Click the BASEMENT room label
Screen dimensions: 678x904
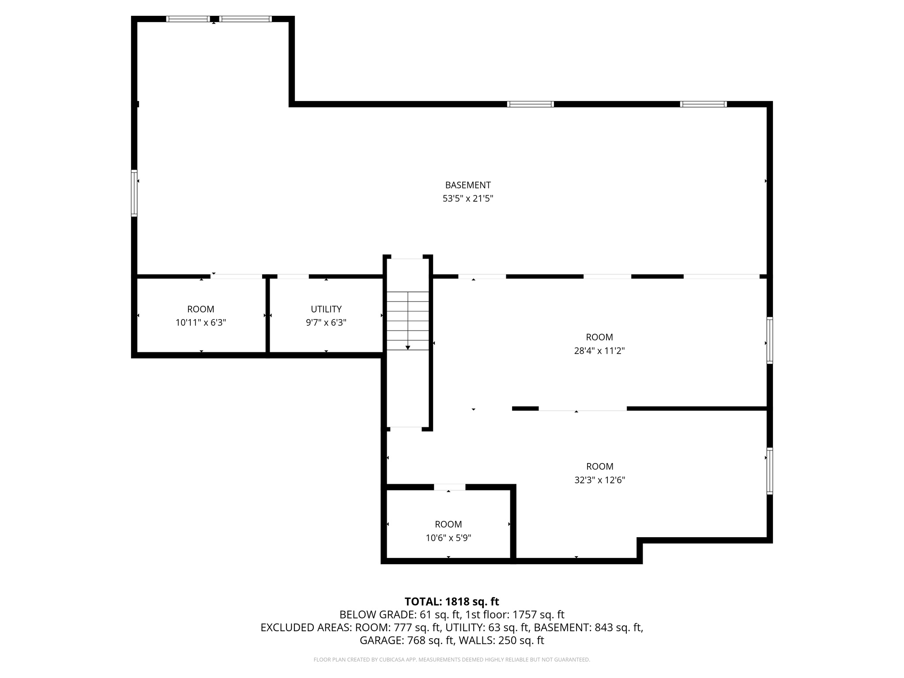[x=467, y=185]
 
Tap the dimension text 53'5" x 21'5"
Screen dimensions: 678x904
[x=467, y=199]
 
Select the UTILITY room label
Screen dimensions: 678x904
[x=326, y=309]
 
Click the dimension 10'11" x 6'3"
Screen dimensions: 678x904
[x=201, y=323]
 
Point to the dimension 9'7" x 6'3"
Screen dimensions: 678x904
[x=326, y=323]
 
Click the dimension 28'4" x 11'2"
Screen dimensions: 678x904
[x=599, y=351]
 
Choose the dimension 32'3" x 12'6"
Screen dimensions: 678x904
[x=599, y=480]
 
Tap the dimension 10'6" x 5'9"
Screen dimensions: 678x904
[x=448, y=538]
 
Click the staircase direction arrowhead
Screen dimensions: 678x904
[x=408, y=348]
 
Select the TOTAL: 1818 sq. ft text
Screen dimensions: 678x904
[x=452, y=602]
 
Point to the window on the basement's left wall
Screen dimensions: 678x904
[x=134, y=193]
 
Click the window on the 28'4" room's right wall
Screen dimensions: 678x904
[x=769, y=340]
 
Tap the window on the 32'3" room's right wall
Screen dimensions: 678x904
[x=769, y=471]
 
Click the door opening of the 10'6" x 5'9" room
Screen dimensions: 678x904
[x=449, y=487]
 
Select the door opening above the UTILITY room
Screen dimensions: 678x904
[x=293, y=276]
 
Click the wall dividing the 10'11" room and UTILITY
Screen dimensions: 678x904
[x=267, y=316]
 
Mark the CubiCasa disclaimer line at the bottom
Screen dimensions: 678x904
[x=452, y=660]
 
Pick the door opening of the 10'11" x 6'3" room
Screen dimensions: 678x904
[x=237, y=276]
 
